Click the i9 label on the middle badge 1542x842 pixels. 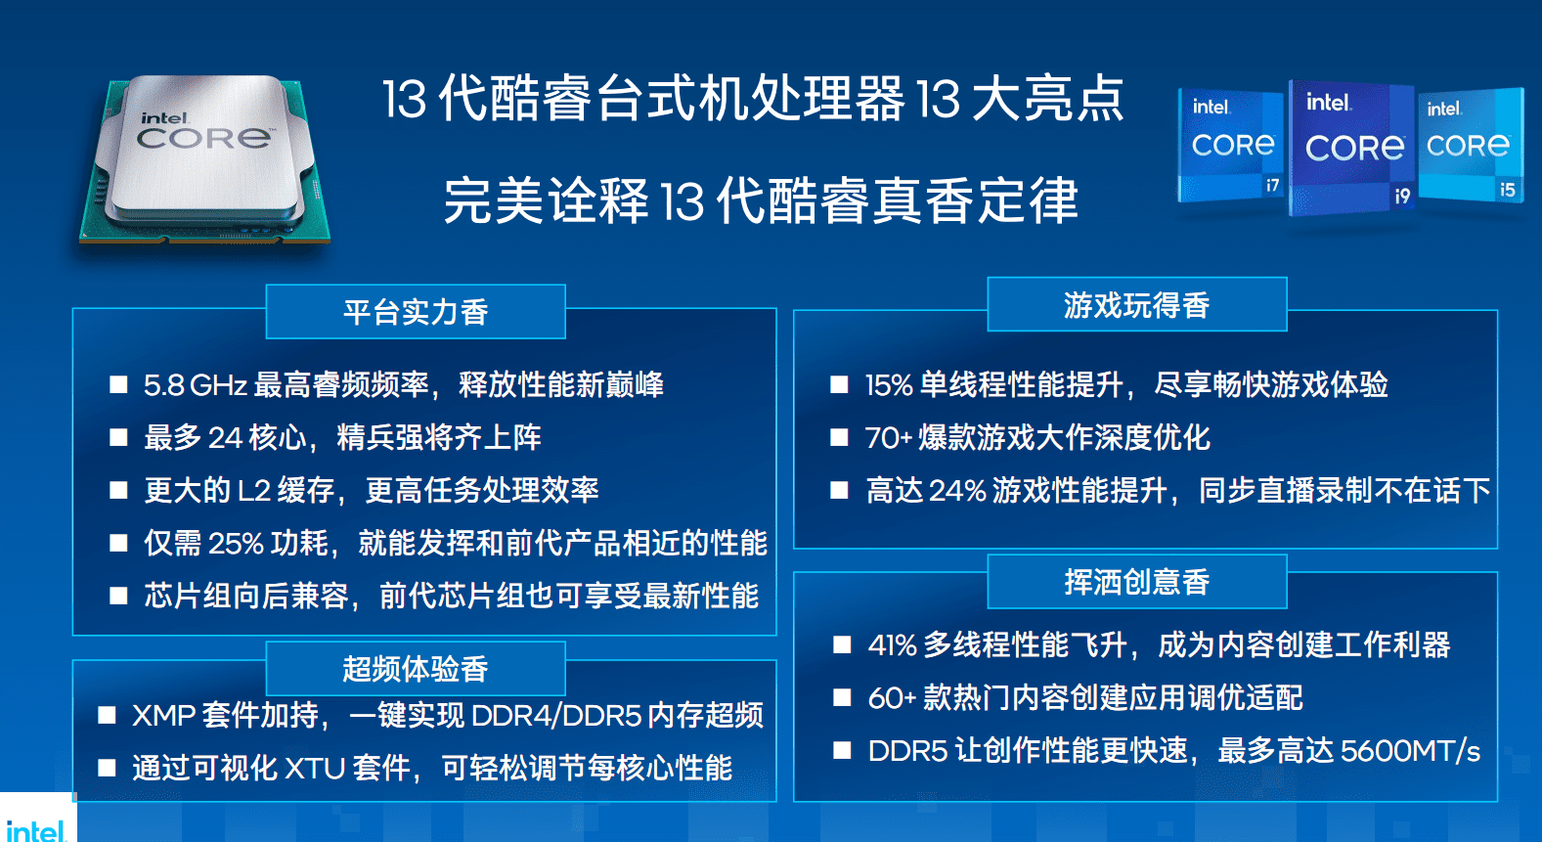(x=1402, y=197)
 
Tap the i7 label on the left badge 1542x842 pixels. (x=1272, y=185)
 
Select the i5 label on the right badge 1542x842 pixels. (x=1508, y=190)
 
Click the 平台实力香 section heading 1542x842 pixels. (x=416, y=313)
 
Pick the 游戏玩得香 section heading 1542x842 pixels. (x=1136, y=305)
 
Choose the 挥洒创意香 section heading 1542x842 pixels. (x=1136, y=582)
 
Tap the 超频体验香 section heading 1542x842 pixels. (x=416, y=669)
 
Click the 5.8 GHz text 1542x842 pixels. (x=196, y=385)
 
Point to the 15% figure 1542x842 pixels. (x=890, y=385)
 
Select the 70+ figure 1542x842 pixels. (x=890, y=438)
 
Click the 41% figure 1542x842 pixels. (x=892, y=645)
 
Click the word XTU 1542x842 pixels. (x=315, y=769)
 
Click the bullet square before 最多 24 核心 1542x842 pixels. (x=118, y=437)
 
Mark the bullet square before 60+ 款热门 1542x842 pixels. (x=842, y=697)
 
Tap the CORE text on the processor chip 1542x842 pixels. (x=204, y=139)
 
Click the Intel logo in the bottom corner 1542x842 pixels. (x=35, y=829)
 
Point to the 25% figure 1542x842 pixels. (x=236, y=543)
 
